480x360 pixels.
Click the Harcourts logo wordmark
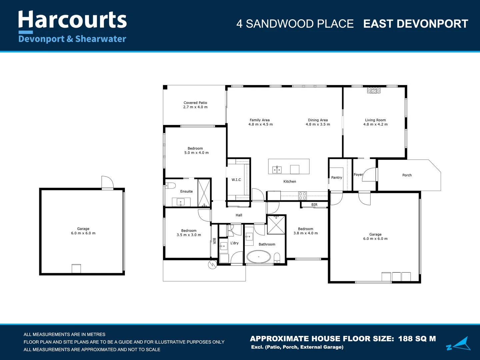[72, 20]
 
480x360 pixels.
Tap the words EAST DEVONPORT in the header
[416, 24]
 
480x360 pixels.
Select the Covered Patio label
[195, 103]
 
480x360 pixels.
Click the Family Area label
[260, 120]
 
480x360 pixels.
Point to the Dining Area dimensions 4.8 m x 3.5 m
[318, 124]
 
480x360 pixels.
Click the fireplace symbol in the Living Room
[374, 90]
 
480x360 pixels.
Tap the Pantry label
[337, 177]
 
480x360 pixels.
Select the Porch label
[407, 175]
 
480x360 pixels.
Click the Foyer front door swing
[369, 174]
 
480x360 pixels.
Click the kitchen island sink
[277, 170]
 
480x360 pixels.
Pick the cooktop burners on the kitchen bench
[302, 196]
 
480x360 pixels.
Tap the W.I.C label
[236, 180]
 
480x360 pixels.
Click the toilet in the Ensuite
[171, 186]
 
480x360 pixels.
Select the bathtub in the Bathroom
[259, 257]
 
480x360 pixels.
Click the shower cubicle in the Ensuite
[204, 193]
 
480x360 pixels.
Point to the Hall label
[239, 215]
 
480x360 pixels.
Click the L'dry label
[234, 243]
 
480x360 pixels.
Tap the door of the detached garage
[108, 182]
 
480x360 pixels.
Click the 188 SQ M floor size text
[417, 339]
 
